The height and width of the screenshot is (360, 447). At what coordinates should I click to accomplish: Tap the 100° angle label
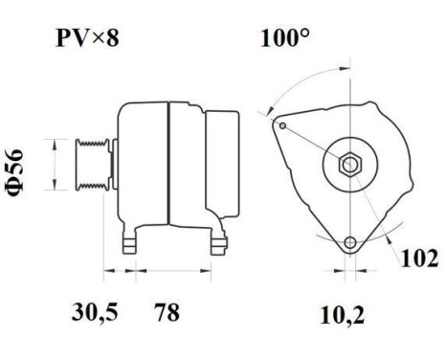[x=284, y=41]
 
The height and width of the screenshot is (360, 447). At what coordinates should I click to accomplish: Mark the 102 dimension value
[x=419, y=259]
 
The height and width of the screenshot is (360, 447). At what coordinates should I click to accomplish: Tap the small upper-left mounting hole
[x=281, y=124]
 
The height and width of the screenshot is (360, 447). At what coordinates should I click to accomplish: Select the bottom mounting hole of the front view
[x=350, y=241]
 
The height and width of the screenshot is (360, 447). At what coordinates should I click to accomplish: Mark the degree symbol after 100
[x=307, y=35]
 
